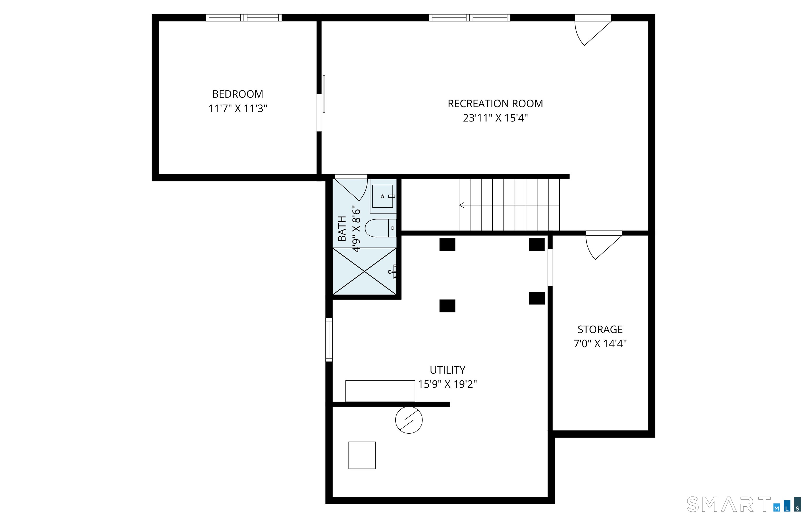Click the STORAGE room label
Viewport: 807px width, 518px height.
[600, 329]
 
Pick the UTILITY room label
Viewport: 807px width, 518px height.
[447, 370]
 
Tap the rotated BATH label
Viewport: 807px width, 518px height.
[342, 229]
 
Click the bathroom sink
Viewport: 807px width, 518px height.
[382, 196]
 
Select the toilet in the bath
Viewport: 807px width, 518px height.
[380, 228]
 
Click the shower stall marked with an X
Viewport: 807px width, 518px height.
[364, 271]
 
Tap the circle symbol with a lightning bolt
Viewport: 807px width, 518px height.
[409, 420]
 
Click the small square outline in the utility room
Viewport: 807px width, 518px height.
[362, 455]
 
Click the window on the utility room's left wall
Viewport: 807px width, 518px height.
[329, 340]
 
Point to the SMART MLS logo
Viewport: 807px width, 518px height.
[743, 505]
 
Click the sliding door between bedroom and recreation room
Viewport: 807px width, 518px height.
[323, 94]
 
